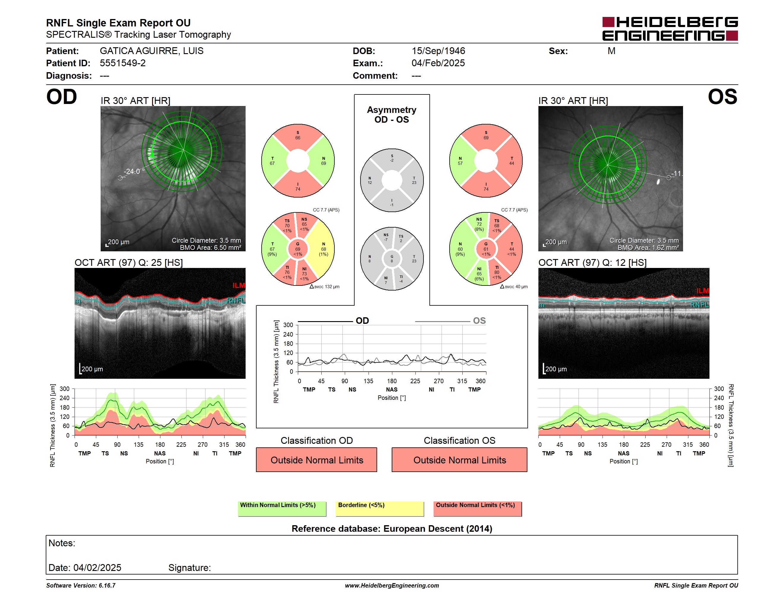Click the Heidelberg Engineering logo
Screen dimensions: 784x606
point(670,29)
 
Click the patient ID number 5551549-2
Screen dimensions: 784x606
point(123,63)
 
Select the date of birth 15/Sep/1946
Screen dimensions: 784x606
point(438,51)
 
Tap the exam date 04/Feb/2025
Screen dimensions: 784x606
point(438,63)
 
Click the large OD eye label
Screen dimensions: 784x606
point(62,97)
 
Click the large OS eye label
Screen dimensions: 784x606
point(722,97)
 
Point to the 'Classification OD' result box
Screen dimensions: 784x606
point(317,460)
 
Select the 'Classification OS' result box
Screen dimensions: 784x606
point(459,460)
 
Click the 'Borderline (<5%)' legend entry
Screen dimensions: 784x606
point(380,509)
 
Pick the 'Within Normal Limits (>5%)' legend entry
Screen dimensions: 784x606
point(282,509)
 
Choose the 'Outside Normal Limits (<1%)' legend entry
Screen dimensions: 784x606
point(478,509)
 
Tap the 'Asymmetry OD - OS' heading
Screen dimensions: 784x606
point(392,115)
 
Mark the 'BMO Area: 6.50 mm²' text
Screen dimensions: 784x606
point(210,248)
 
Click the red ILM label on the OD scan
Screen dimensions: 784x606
point(239,285)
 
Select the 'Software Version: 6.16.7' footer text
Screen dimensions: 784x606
point(81,586)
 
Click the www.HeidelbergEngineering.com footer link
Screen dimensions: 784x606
point(392,586)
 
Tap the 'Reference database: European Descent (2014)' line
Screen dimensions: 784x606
point(392,528)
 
